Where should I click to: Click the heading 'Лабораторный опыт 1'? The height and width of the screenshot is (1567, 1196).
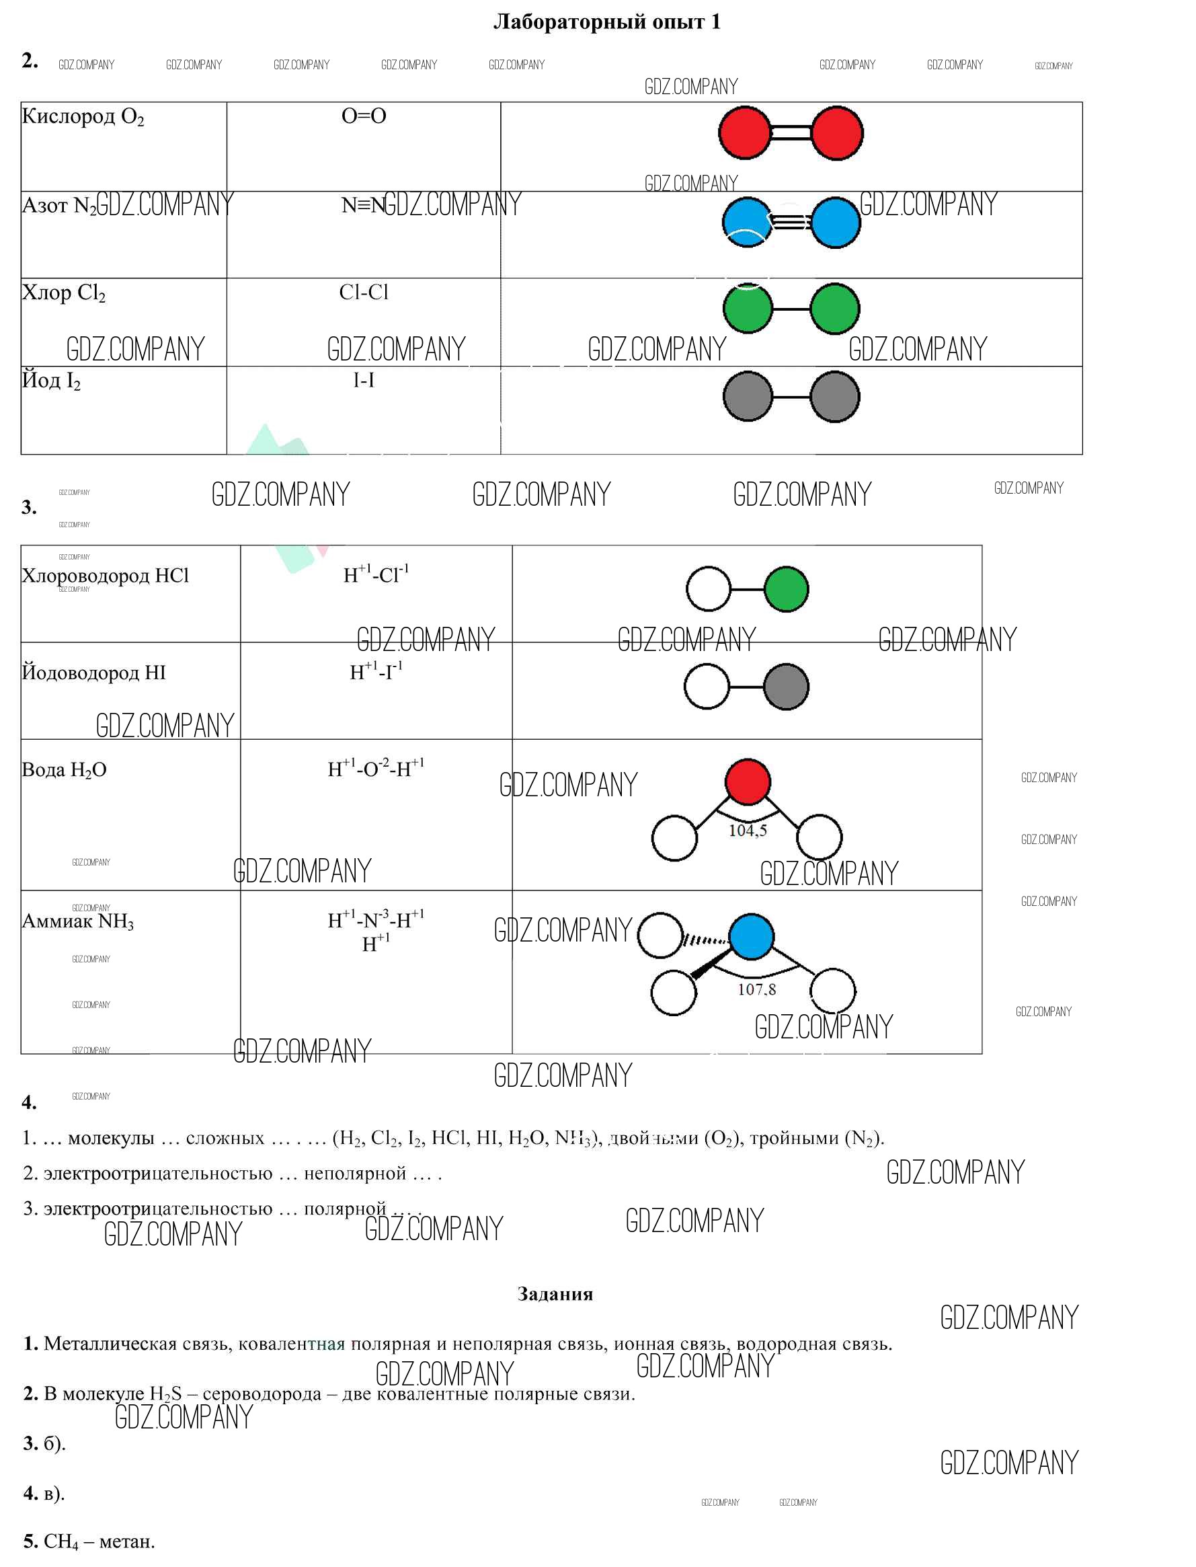[606, 22]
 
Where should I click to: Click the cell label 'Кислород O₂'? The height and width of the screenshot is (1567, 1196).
[83, 116]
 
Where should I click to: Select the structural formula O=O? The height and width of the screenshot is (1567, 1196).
[364, 116]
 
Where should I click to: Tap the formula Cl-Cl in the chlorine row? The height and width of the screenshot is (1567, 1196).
[364, 292]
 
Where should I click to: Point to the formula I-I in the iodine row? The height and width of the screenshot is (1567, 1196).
[364, 381]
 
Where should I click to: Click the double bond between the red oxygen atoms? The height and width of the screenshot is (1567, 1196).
[791, 133]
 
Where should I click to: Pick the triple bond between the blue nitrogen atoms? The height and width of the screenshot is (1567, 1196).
[790, 221]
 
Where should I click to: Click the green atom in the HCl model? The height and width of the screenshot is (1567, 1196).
[786, 589]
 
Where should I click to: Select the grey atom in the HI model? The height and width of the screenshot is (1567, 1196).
[786, 687]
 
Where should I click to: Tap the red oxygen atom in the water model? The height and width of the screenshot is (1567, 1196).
[748, 781]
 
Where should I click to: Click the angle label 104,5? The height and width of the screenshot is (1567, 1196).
[748, 831]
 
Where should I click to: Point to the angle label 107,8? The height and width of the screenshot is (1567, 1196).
[756, 989]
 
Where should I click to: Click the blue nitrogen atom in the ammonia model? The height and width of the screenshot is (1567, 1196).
[751, 937]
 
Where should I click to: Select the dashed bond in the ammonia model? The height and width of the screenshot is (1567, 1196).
[705, 940]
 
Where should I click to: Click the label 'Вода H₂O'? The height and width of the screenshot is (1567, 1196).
[64, 770]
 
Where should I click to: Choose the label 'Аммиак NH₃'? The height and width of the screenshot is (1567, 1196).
[77, 921]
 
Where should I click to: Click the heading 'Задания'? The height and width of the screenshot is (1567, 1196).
[555, 1293]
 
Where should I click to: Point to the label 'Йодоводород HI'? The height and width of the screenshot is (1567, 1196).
[93, 673]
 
